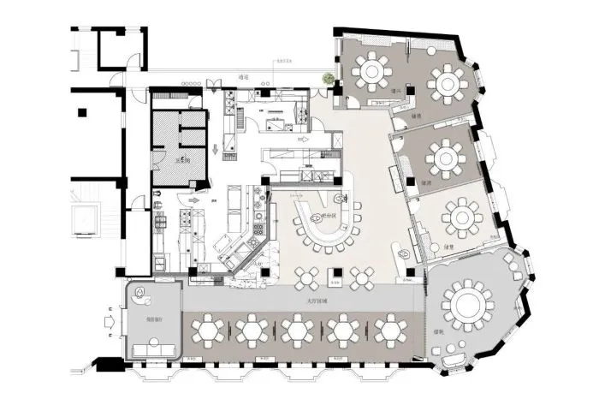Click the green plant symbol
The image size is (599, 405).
327,80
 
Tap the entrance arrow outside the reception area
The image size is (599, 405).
109,323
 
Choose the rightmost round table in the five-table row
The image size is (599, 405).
390,330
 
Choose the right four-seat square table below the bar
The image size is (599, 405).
363,276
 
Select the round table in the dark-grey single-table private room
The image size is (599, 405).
445,157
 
